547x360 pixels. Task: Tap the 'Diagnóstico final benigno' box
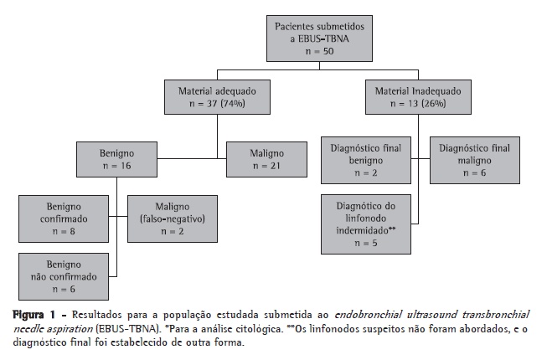366,160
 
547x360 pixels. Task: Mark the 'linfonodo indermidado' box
366,224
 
